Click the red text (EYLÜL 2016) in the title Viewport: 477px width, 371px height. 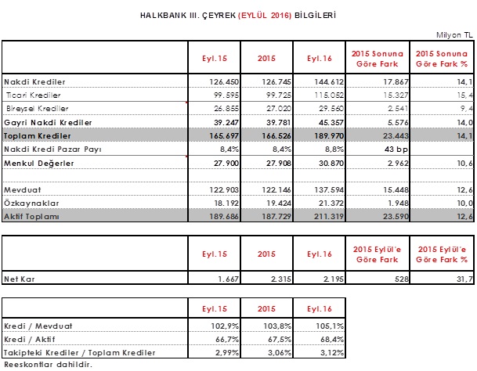tap(265, 15)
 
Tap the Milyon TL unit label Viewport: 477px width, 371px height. tap(454, 35)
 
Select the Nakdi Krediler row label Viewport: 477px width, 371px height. tap(34, 82)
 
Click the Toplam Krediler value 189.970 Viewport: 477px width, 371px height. tap(329, 136)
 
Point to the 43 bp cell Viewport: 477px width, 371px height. tap(396, 149)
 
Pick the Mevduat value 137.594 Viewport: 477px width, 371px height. tap(329, 189)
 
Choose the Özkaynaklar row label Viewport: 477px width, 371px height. tap(31, 204)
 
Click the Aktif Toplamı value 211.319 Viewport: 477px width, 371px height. tap(329, 217)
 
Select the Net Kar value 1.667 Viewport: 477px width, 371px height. tap(228, 279)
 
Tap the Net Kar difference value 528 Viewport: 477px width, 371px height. tap(402, 279)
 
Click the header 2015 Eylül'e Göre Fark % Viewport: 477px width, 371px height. tap(442, 254)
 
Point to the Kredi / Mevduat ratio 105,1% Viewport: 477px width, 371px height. tap(330, 326)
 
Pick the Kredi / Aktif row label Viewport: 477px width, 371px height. tap(30, 340)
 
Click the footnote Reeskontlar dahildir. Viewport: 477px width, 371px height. tap(48, 364)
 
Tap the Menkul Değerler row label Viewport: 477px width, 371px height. tap(39, 164)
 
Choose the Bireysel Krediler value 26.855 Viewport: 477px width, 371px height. tap(226, 109)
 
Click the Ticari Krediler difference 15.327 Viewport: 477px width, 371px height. tap(396, 95)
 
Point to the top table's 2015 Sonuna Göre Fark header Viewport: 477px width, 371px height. tap(378, 59)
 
